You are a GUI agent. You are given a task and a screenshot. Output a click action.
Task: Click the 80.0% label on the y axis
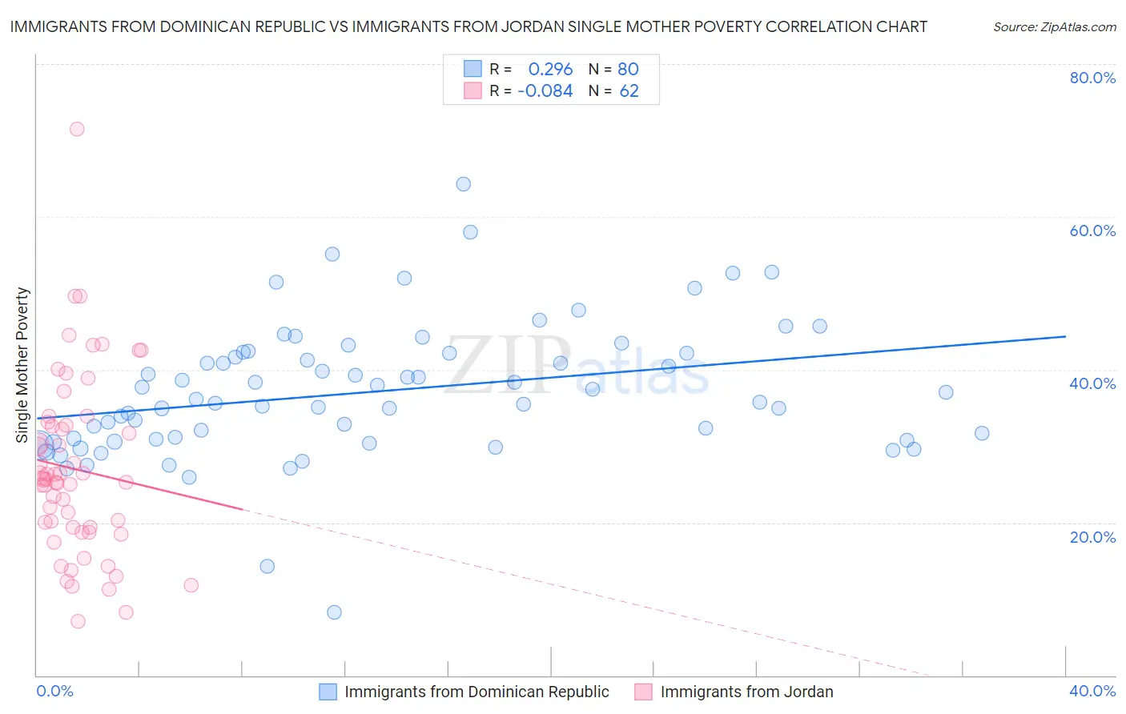(1092, 78)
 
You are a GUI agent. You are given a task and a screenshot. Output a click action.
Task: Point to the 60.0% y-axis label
(1092, 231)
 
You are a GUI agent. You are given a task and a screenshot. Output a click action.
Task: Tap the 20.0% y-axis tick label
(1092, 537)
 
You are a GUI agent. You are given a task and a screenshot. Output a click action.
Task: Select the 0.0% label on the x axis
(54, 691)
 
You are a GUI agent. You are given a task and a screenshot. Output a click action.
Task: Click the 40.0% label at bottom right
(1092, 691)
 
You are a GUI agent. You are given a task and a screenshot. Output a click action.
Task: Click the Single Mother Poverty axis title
(22, 365)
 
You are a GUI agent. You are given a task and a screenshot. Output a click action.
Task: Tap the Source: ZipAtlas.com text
(1054, 27)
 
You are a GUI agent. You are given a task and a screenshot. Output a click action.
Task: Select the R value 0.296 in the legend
(550, 69)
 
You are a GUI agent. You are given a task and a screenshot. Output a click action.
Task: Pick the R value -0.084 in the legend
(545, 91)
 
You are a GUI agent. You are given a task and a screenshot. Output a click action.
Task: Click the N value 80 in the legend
(628, 69)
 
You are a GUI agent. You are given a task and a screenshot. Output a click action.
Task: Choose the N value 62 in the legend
(629, 91)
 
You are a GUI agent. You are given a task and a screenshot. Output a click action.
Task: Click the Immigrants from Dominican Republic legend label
(477, 692)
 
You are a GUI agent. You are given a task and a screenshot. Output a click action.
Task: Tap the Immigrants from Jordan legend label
(746, 692)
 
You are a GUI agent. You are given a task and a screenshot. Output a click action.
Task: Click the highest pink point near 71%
(77, 129)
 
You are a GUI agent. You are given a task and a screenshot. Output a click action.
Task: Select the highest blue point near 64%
(463, 184)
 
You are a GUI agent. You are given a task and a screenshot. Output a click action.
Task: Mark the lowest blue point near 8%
(334, 612)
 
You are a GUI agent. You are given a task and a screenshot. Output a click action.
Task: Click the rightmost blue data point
(982, 433)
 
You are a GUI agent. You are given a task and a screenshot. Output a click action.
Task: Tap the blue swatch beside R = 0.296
(473, 69)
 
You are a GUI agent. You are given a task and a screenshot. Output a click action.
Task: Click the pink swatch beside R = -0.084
(473, 91)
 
